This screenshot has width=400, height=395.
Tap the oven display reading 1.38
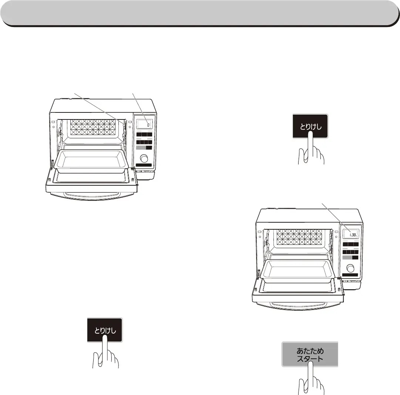(351, 234)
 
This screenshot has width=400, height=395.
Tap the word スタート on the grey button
(310, 358)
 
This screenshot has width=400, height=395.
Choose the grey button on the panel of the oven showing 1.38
(347, 257)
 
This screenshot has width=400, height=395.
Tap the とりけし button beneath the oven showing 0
(104, 330)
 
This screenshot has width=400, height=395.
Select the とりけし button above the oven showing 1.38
(310, 126)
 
